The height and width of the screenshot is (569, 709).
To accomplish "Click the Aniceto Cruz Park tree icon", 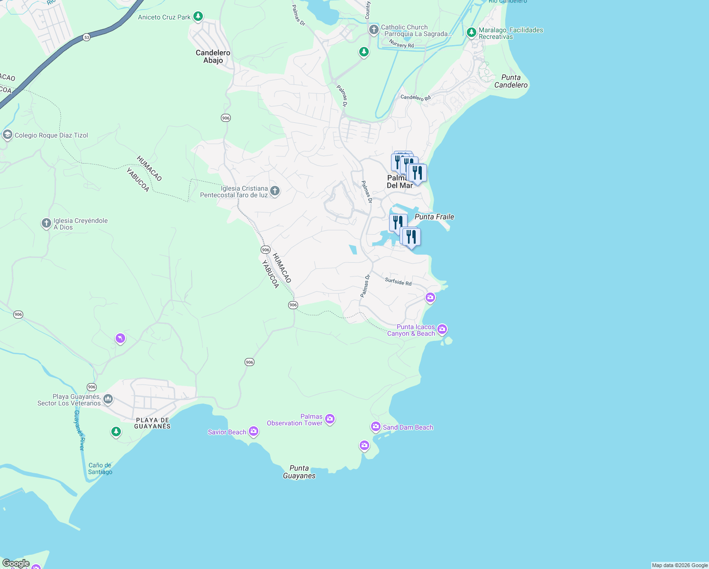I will (198, 17).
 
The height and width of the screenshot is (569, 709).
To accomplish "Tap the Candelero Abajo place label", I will (213, 56).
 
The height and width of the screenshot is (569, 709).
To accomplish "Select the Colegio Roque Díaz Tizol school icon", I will (7, 135).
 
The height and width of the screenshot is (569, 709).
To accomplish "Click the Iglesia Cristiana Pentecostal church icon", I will (274, 191).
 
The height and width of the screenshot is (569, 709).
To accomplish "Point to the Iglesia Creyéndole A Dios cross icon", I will (46, 223).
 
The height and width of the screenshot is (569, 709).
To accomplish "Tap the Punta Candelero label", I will (511, 81).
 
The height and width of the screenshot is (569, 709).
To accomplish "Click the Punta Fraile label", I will (434, 217).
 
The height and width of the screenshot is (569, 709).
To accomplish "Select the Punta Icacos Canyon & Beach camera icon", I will (442, 329).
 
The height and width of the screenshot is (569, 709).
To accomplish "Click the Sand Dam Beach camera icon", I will (376, 427).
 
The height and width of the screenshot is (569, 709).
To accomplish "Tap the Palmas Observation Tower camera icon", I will (330, 419).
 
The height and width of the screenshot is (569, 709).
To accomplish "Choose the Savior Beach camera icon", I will (254, 431).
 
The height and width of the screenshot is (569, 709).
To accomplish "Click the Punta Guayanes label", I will (299, 472).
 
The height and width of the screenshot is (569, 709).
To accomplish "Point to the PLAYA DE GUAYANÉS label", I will (152, 423).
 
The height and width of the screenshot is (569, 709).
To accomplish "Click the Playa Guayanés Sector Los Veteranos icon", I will (108, 399).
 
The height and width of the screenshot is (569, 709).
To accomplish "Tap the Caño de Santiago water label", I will (100, 468).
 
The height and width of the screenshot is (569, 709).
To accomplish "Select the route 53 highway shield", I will (86, 37).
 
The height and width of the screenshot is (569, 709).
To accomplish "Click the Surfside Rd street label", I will (398, 282).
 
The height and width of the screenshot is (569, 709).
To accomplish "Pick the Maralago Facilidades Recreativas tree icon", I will (471, 32).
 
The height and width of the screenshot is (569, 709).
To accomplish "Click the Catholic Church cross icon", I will (374, 30).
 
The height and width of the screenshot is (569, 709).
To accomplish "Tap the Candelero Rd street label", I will (415, 98).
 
